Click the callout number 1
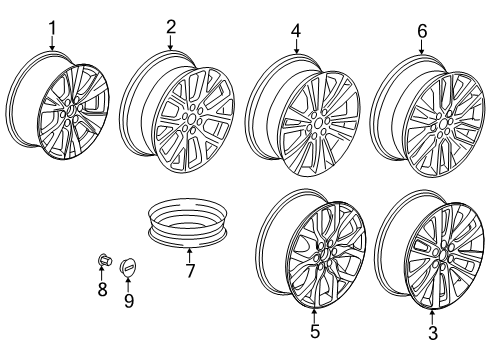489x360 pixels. [x=53, y=27]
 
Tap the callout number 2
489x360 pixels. [x=171, y=27]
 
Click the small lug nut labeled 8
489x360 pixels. [x=102, y=265]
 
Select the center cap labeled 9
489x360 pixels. [x=128, y=268]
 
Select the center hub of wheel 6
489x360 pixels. [x=440, y=124]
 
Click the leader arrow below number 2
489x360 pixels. [x=171, y=43]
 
